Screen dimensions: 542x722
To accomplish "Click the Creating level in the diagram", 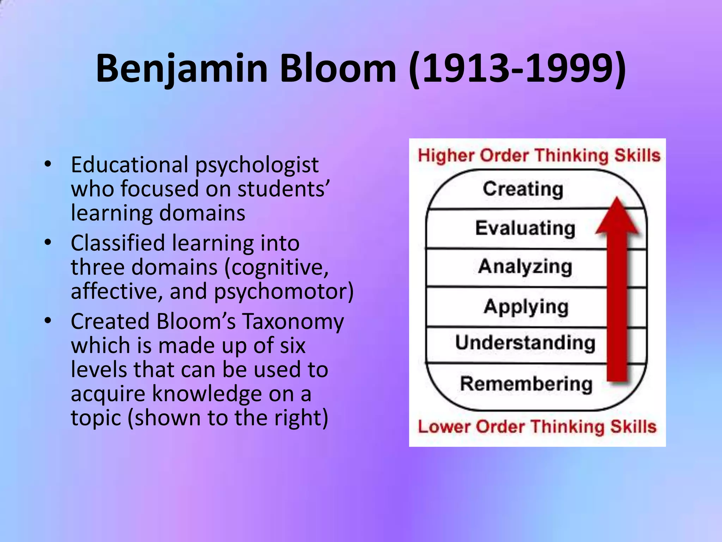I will (x=523, y=189).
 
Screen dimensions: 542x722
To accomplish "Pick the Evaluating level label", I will (x=525, y=228).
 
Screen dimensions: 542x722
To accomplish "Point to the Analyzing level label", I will (x=525, y=267).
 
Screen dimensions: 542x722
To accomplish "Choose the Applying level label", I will (x=526, y=307).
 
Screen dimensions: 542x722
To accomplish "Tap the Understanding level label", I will (x=525, y=343).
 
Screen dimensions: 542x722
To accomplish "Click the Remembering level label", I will (x=526, y=384).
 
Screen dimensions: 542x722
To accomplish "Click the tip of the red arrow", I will (x=617, y=200).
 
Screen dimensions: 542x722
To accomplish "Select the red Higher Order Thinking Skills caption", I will (x=539, y=156).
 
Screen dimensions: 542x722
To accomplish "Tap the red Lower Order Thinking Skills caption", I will (x=537, y=427).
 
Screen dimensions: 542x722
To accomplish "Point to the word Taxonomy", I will (x=293, y=321).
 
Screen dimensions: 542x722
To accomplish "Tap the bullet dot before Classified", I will (x=48, y=242).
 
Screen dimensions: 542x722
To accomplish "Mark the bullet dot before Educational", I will (x=48, y=164).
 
